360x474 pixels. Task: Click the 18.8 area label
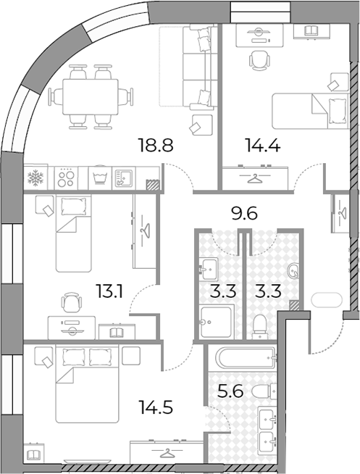155,145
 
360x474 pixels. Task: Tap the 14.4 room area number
264,145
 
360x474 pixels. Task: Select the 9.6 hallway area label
244,214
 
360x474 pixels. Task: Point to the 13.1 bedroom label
109,291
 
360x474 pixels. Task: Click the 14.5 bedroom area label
156,407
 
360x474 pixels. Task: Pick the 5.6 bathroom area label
230,392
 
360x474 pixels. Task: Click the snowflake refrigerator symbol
35,177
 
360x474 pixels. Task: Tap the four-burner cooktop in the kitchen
66,178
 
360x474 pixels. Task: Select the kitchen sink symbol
124,178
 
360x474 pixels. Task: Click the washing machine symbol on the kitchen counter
100,177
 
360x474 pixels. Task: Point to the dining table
91,96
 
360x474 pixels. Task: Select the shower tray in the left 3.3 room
217,321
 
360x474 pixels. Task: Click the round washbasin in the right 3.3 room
293,271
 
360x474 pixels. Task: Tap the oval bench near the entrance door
327,300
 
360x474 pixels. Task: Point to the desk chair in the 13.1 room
72,302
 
